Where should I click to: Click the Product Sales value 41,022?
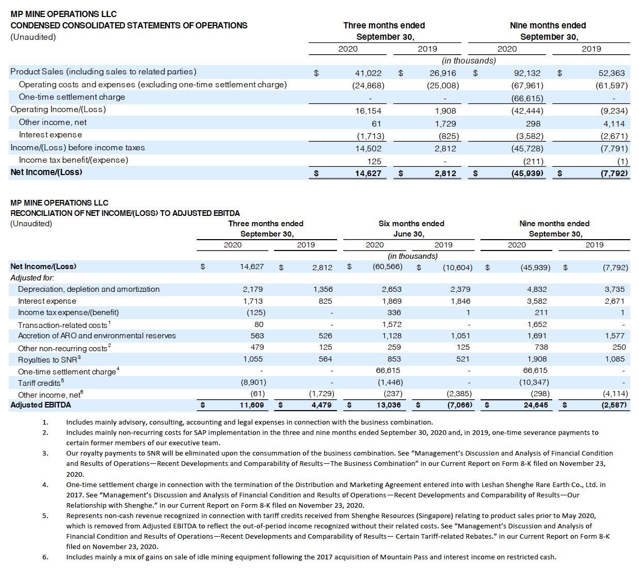[x=368, y=73]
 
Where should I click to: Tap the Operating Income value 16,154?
[x=368, y=111]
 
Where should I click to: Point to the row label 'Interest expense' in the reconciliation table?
[x=47, y=301]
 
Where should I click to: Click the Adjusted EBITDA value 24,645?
[x=536, y=405]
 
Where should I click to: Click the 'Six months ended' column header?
[x=411, y=224]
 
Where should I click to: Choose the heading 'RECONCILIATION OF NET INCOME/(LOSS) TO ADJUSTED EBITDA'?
[x=125, y=213]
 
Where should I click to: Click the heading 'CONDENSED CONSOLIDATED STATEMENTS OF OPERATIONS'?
[x=129, y=25]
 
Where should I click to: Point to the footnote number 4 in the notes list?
[x=45, y=484]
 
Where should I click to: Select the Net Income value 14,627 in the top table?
[x=368, y=173]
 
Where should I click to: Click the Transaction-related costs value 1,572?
[x=391, y=324]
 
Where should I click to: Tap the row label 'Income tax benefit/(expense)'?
[x=73, y=160]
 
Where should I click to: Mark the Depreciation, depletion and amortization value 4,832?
[x=537, y=289]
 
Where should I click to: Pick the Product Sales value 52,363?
[x=612, y=73]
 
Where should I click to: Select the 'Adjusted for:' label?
[x=32, y=278]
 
